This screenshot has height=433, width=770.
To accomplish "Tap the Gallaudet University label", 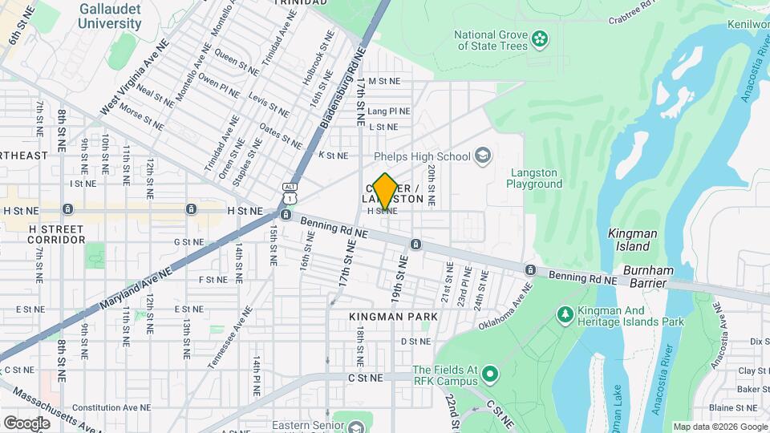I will pos(110,16).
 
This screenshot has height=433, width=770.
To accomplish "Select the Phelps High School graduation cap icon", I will pos(483,155).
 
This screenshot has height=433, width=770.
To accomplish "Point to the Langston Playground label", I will pos(534,178).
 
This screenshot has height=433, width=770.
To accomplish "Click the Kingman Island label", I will pos(633,240).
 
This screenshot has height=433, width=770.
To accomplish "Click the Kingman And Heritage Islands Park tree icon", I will pos(565,314).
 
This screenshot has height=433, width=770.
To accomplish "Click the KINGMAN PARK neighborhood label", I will pos(394,317).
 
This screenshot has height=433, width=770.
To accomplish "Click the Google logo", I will pos(26,423).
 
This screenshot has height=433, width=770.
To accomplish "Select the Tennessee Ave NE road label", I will pos(229,338).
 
